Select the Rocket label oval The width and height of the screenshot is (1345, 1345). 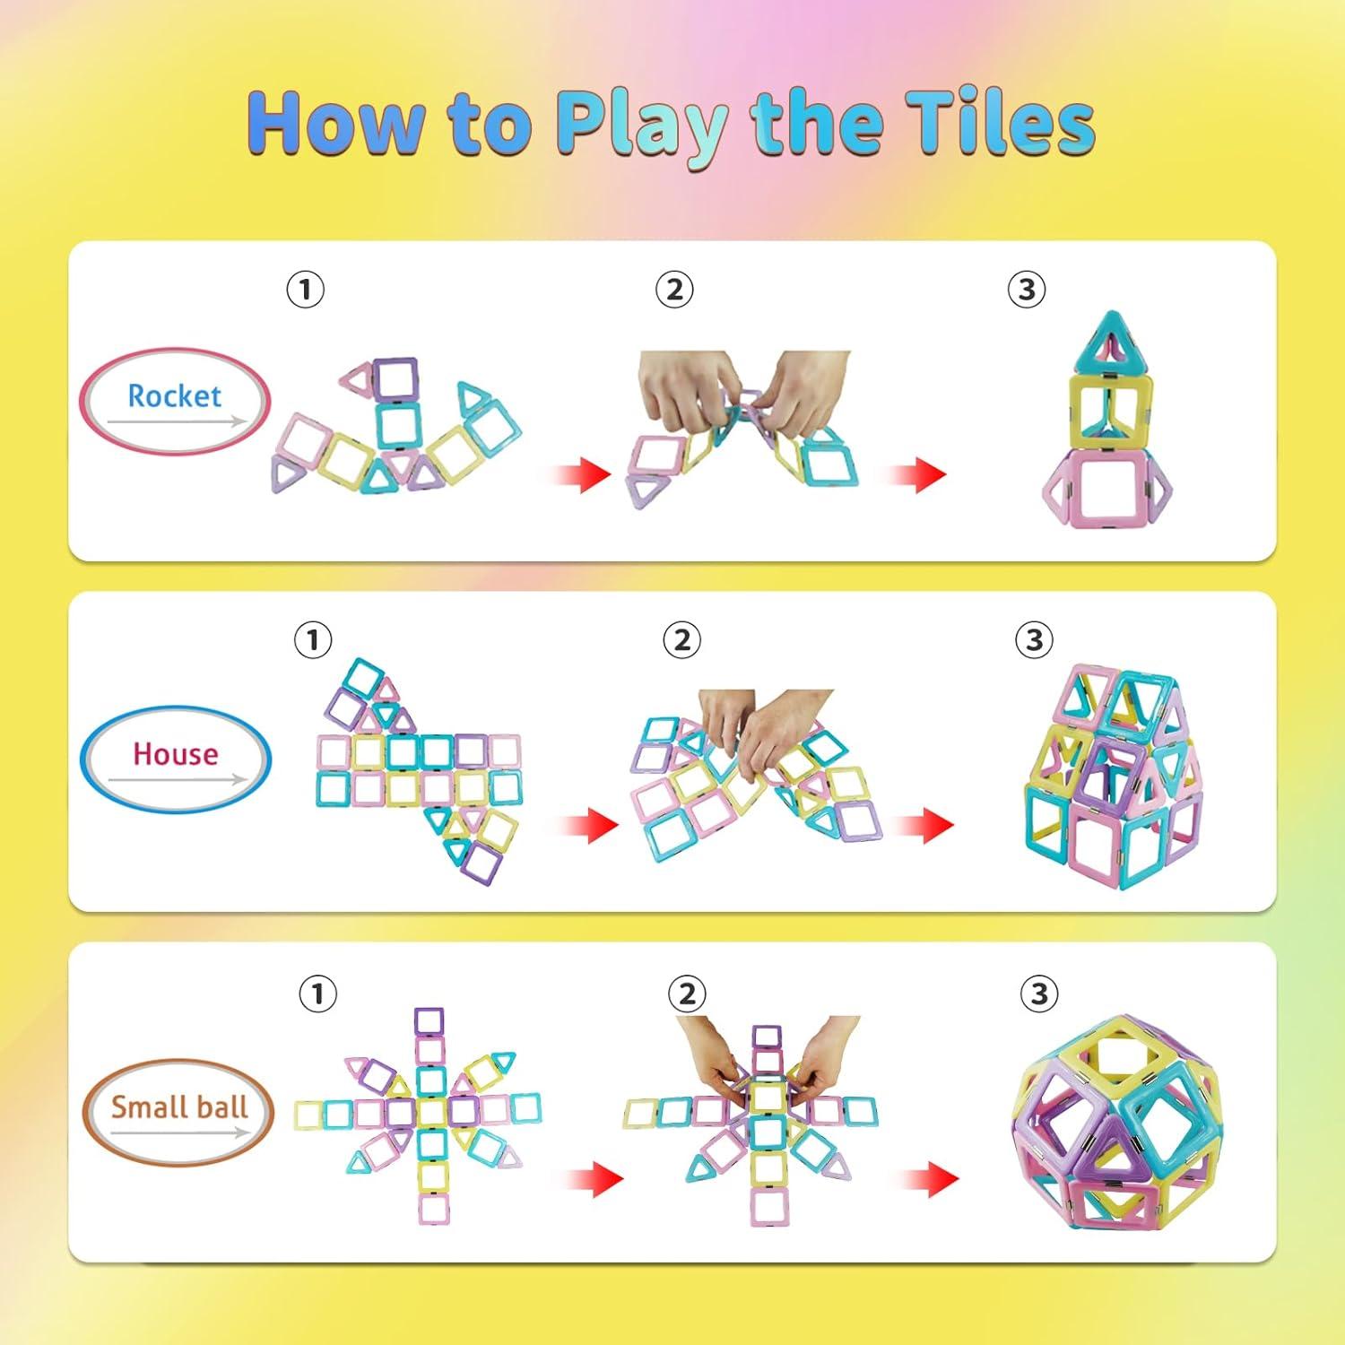coord(175,399)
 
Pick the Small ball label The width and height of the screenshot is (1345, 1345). coord(178,1109)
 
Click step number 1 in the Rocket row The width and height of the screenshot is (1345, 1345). coord(305,290)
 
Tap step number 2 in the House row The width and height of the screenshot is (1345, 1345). coord(681,640)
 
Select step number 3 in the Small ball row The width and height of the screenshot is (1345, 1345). coord(1039,994)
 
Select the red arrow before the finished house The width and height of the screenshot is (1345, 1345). coord(924,824)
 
